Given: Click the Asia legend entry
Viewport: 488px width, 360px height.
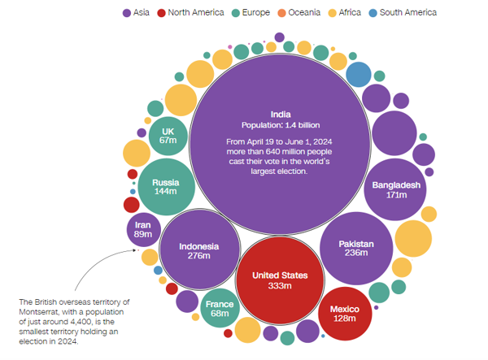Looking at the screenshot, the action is pyautogui.click(x=136, y=13).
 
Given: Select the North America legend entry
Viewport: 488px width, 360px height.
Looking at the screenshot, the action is pyautogui.click(x=190, y=13).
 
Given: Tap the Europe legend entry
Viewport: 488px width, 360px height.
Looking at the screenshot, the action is pyautogui.click(x=251, y=13).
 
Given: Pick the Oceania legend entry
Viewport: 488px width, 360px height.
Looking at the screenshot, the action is pyautogui.click(x=298, y=13).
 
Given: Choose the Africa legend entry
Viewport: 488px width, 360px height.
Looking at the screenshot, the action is pyautogui.click(x=345, y=13).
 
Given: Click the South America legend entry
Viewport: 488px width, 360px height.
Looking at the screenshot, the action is pyautogui.click(x=403, y=13).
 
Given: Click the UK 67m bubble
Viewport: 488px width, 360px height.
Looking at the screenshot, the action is pyautogui.click(x=168, y=137).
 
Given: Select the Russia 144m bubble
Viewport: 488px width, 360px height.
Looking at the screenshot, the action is pyautogui.click(x=166, y=187).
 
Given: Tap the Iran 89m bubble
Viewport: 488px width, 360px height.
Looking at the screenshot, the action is pyautogui.click(x=143, y=230).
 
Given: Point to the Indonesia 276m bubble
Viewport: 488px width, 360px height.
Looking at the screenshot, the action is pyautogui.click(x=199, y=249).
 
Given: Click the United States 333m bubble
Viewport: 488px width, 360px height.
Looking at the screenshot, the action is pyautogui.click(x=280, y=280).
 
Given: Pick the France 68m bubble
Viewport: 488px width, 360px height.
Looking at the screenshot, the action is pyautogui.click(x=220, y=308).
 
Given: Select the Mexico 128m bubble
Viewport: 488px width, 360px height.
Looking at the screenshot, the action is pyautogui.click(x=345, y=314).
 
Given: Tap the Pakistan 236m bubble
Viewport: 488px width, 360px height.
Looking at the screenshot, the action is pyautogui.click(x=356, y=249).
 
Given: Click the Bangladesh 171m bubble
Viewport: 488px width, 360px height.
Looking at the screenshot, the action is pyautogui.click(x=395, y=189).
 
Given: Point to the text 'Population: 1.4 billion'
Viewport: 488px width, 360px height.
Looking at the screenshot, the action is pyautogui.click(x=281, y=125).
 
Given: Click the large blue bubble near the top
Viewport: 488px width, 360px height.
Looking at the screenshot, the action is pyautogui.click(x=359, y=75).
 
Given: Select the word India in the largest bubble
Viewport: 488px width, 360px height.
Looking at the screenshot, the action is pyautogui.click(x=281, y=115).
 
